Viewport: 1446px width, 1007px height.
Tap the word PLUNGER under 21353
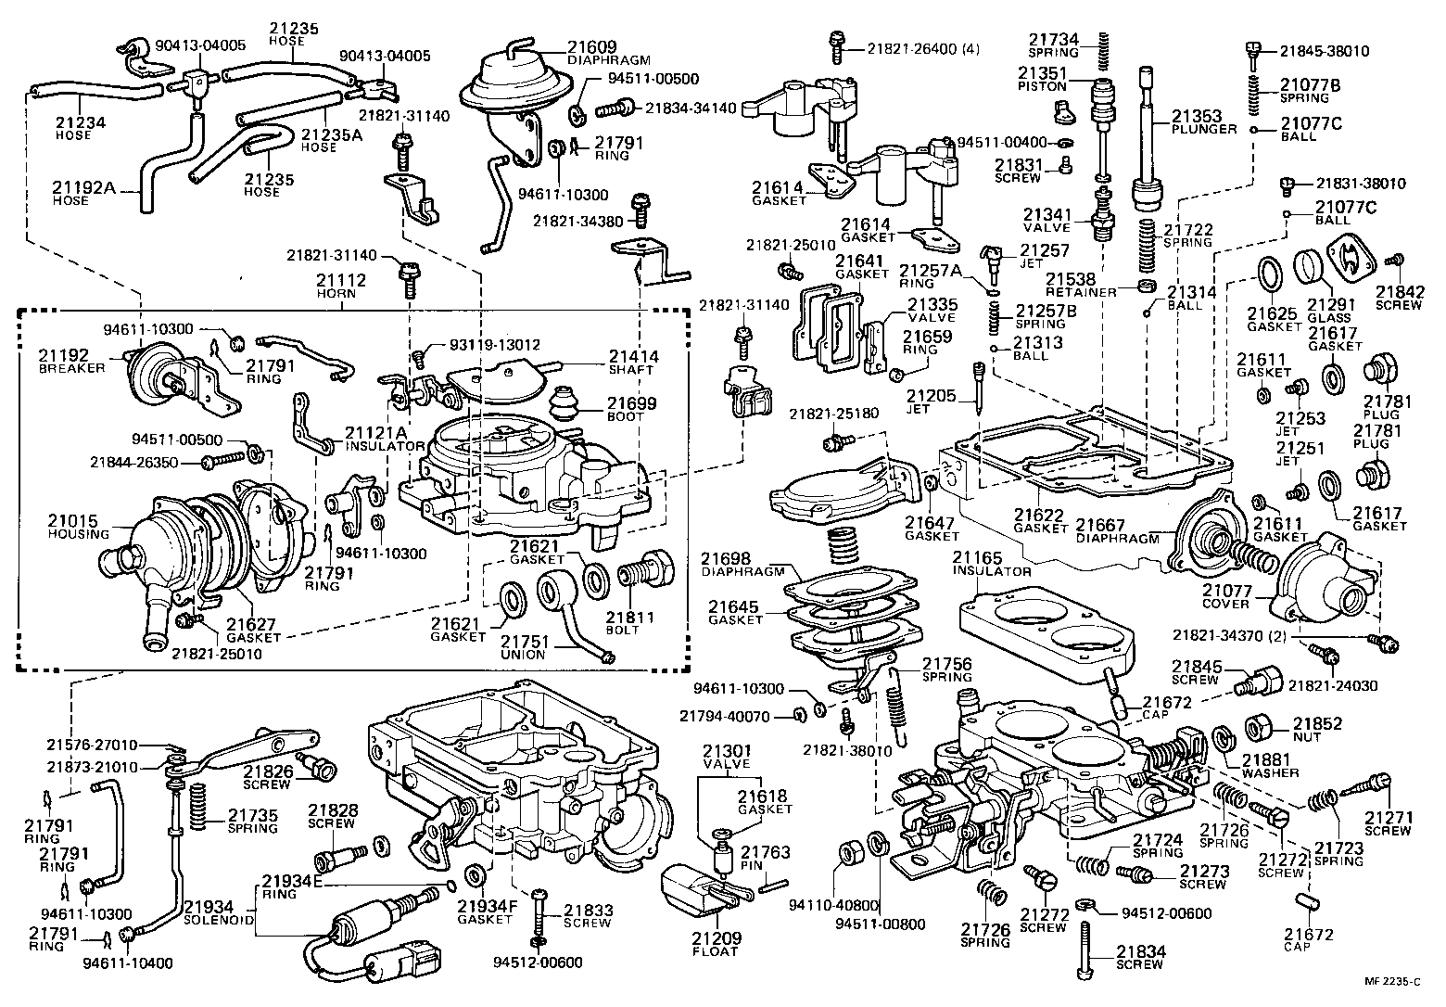pos(1205,129)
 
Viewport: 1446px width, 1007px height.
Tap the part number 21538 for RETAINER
pos(1071,278)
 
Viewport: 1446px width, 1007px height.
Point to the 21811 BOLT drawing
pos(648,570)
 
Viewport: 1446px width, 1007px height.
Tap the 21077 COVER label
pos(1226,596)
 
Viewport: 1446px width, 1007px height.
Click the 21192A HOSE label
pos(83,193)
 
